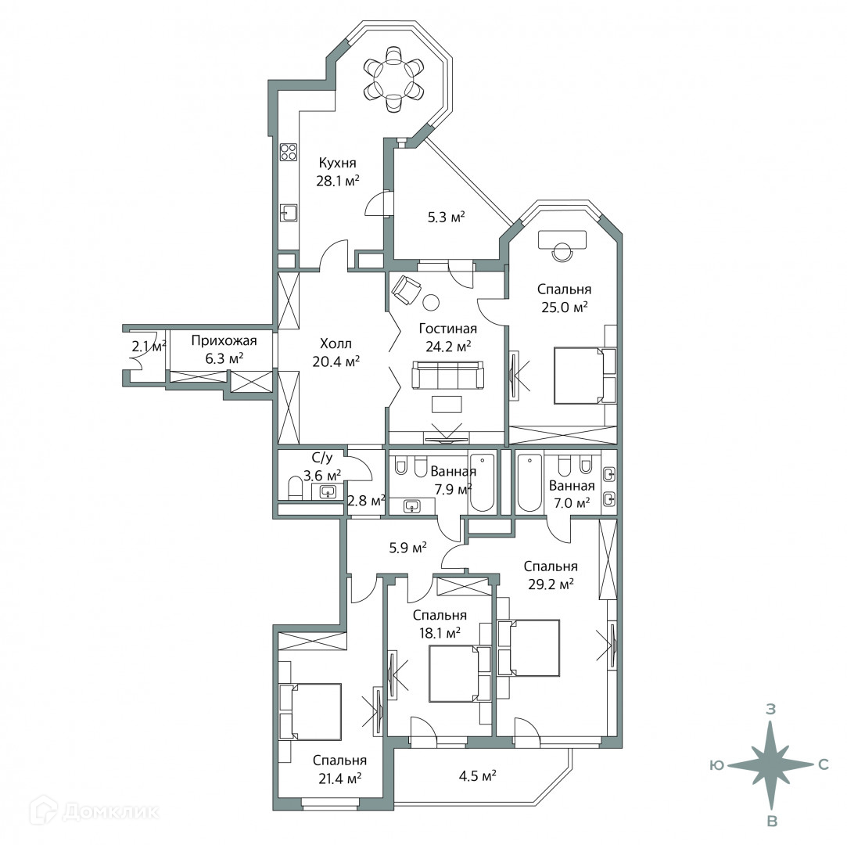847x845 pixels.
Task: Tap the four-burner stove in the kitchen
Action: (288, 151)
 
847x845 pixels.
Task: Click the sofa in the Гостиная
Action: (447, 376)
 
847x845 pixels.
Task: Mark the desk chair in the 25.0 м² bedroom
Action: (562, 252)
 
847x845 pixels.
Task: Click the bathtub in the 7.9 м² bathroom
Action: (482, 483)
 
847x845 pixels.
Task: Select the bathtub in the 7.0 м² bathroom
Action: (529, 483)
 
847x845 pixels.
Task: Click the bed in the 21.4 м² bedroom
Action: (310, 711)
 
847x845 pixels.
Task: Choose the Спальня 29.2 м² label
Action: (551, 575)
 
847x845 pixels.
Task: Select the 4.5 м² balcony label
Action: (477, 776)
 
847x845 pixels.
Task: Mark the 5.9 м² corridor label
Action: (408, 548)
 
